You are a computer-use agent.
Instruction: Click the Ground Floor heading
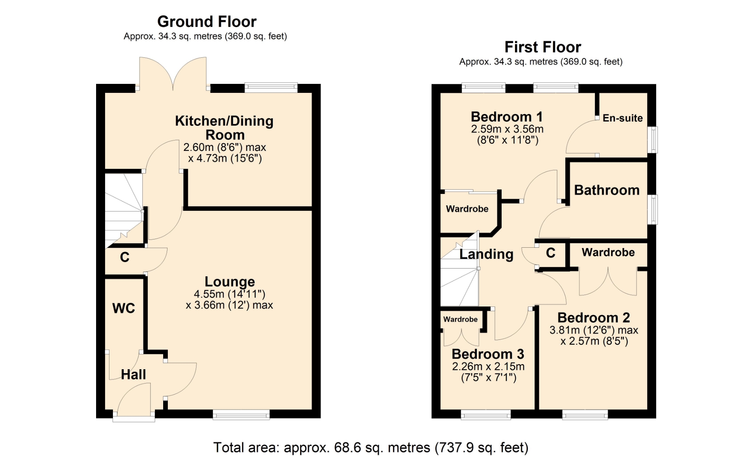click(207, 22)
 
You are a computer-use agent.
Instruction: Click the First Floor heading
click(543, 47)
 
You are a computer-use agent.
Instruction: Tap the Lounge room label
click(230, 281)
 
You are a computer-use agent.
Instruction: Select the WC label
click(124, 308)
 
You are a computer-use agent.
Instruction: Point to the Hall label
click(133, 374)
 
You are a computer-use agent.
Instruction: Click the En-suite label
click(623, 118)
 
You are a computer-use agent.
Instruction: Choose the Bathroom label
click(607, 190)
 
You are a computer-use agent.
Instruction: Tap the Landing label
click(486, 254)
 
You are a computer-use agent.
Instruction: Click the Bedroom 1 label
click(507, 117)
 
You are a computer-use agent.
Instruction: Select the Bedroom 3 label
click(488, 354)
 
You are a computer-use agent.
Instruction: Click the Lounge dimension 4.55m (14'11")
click(229, 294)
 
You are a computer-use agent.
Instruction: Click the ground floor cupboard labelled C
click(125, 257)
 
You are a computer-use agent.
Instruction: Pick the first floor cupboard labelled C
click(551, 253)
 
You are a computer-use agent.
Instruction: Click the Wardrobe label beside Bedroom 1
click(467, 209)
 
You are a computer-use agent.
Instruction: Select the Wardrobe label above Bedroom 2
click(608, 252)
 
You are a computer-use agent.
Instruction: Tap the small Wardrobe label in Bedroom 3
click(460, 319)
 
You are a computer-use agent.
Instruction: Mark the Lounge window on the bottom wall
click(241, 414)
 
